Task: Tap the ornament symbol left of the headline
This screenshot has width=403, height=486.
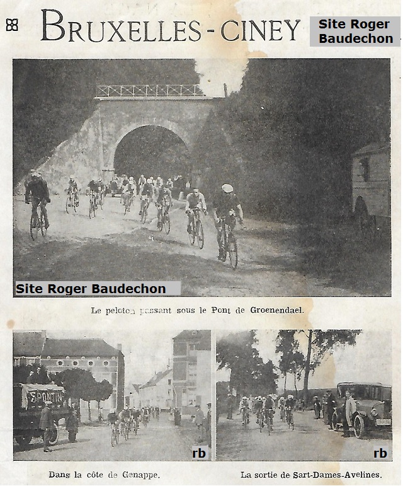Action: tap(11, 25)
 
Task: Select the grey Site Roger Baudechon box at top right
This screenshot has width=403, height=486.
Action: tap(355, 32)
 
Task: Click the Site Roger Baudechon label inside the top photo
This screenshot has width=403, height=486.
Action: tap(91, 289)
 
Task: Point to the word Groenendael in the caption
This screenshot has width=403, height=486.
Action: tap(276, 310)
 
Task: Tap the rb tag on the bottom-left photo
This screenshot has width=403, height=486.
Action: tap(199, 453)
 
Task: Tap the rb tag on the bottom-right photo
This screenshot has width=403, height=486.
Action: tap(380, 453)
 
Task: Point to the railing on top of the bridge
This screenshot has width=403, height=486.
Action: tap(150, 91)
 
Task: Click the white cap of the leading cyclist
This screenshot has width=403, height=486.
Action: tap(227, 188)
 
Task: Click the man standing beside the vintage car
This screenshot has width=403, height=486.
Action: tap(348, 413)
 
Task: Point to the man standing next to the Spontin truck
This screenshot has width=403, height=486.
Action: tap(46, 424)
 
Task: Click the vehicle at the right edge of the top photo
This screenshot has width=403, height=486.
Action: tap(371, 183)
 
